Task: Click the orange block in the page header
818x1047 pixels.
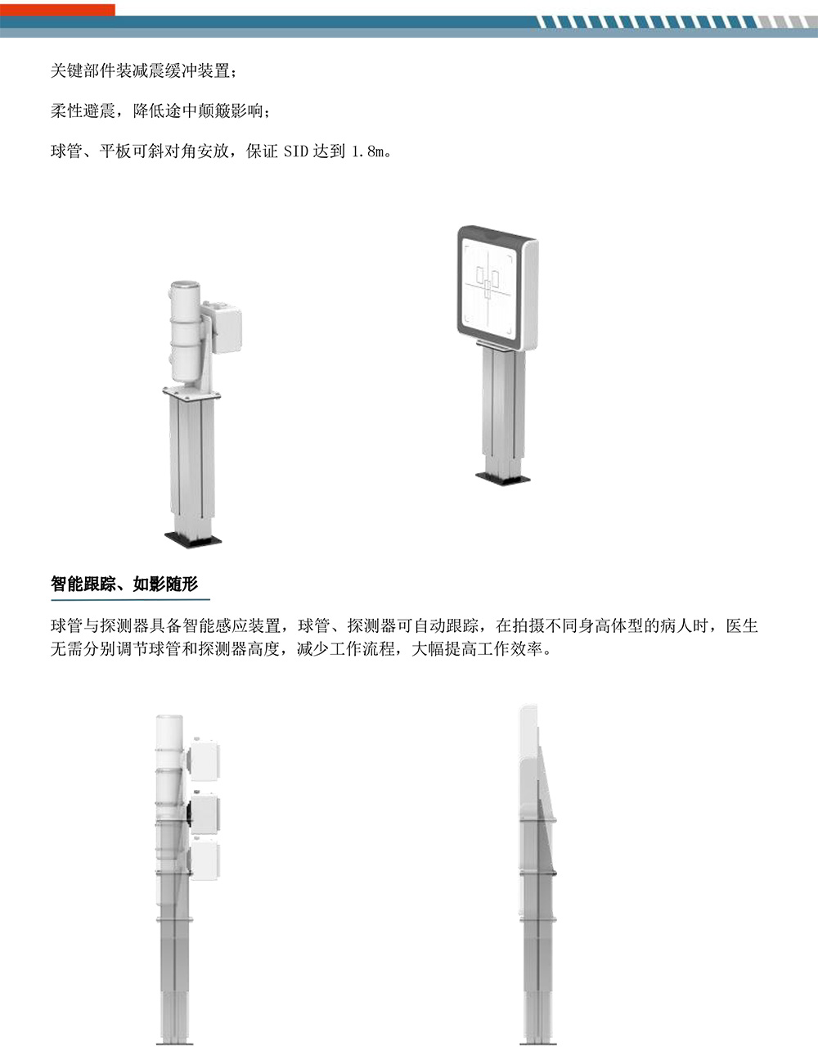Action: [57, 9]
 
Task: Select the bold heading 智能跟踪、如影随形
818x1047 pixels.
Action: [124, 584]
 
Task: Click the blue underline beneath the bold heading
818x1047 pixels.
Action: [130, 600]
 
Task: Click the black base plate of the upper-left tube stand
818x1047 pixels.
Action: [193, 539]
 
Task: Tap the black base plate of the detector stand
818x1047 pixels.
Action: [503, 479]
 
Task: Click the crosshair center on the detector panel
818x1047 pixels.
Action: [488, 288]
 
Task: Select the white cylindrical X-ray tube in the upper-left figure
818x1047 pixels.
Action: [186, 332]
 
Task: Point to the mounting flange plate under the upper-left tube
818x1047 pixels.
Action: [191, 395]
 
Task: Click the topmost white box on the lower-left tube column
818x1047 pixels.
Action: [204, 760]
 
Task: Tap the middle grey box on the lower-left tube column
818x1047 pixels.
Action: [204, 815]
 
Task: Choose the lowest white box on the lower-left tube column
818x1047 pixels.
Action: [204, 861]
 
